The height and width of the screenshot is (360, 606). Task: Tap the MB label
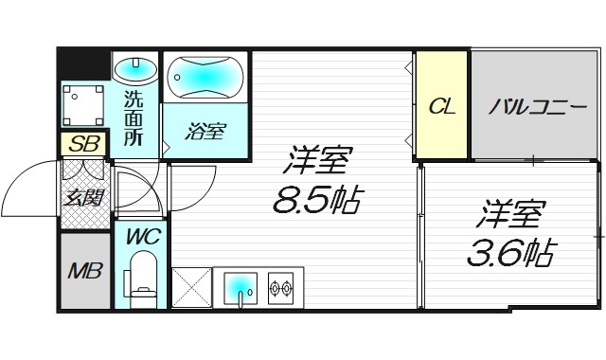[x=85, y=271]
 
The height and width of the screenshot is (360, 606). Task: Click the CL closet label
[x=441, y=106]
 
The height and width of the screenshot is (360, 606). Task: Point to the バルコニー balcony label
[x=537, y=106]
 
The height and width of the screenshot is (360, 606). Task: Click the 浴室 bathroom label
[x=205, y=131]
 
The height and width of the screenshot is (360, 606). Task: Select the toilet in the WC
[x=143, y=276]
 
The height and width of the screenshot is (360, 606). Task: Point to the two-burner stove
[x=281, y=285]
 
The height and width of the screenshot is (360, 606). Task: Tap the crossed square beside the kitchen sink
[x=190, y=288]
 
